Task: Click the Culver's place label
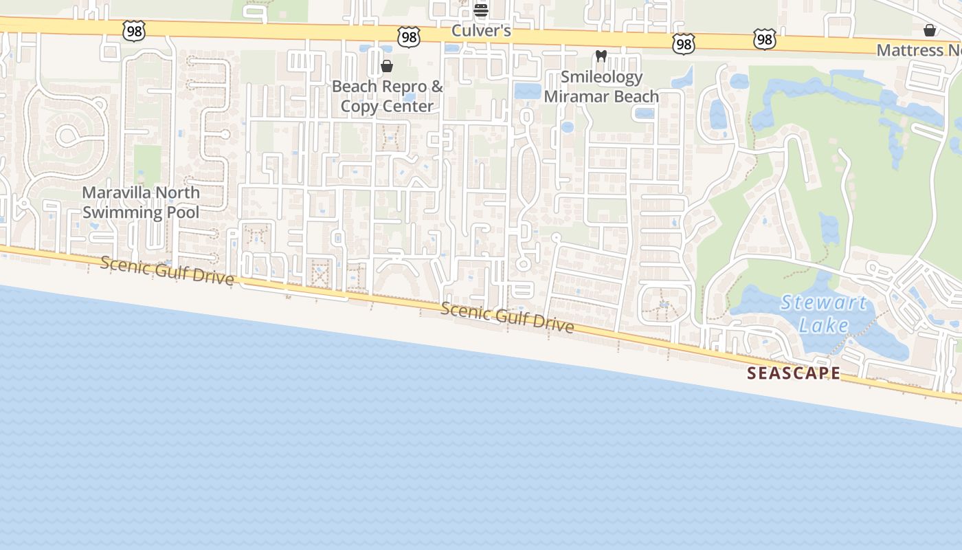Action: (x=481, y=31)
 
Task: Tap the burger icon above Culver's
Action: (x=481, y=10)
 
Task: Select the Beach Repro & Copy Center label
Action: (x=388, y=96)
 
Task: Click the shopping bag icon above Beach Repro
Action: (x=387, y=66)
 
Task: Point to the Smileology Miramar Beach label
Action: (x=601, y=87)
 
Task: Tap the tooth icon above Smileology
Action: (x=601, y=56)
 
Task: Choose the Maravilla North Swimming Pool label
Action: (x=141, y=202)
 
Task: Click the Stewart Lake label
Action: (x=824, y=313)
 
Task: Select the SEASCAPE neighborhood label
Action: (x=794, y=373)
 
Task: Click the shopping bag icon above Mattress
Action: (x=930, y=30)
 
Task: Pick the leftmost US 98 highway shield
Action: (x=134, y=31)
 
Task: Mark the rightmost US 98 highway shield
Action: (x=764, y=40)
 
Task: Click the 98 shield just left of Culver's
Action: (x=409, y=37)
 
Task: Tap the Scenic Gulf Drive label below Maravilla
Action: (x=167, y=271)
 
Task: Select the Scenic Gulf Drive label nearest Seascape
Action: (x=507, y=317)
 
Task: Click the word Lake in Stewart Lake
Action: (x=824, y=324)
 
